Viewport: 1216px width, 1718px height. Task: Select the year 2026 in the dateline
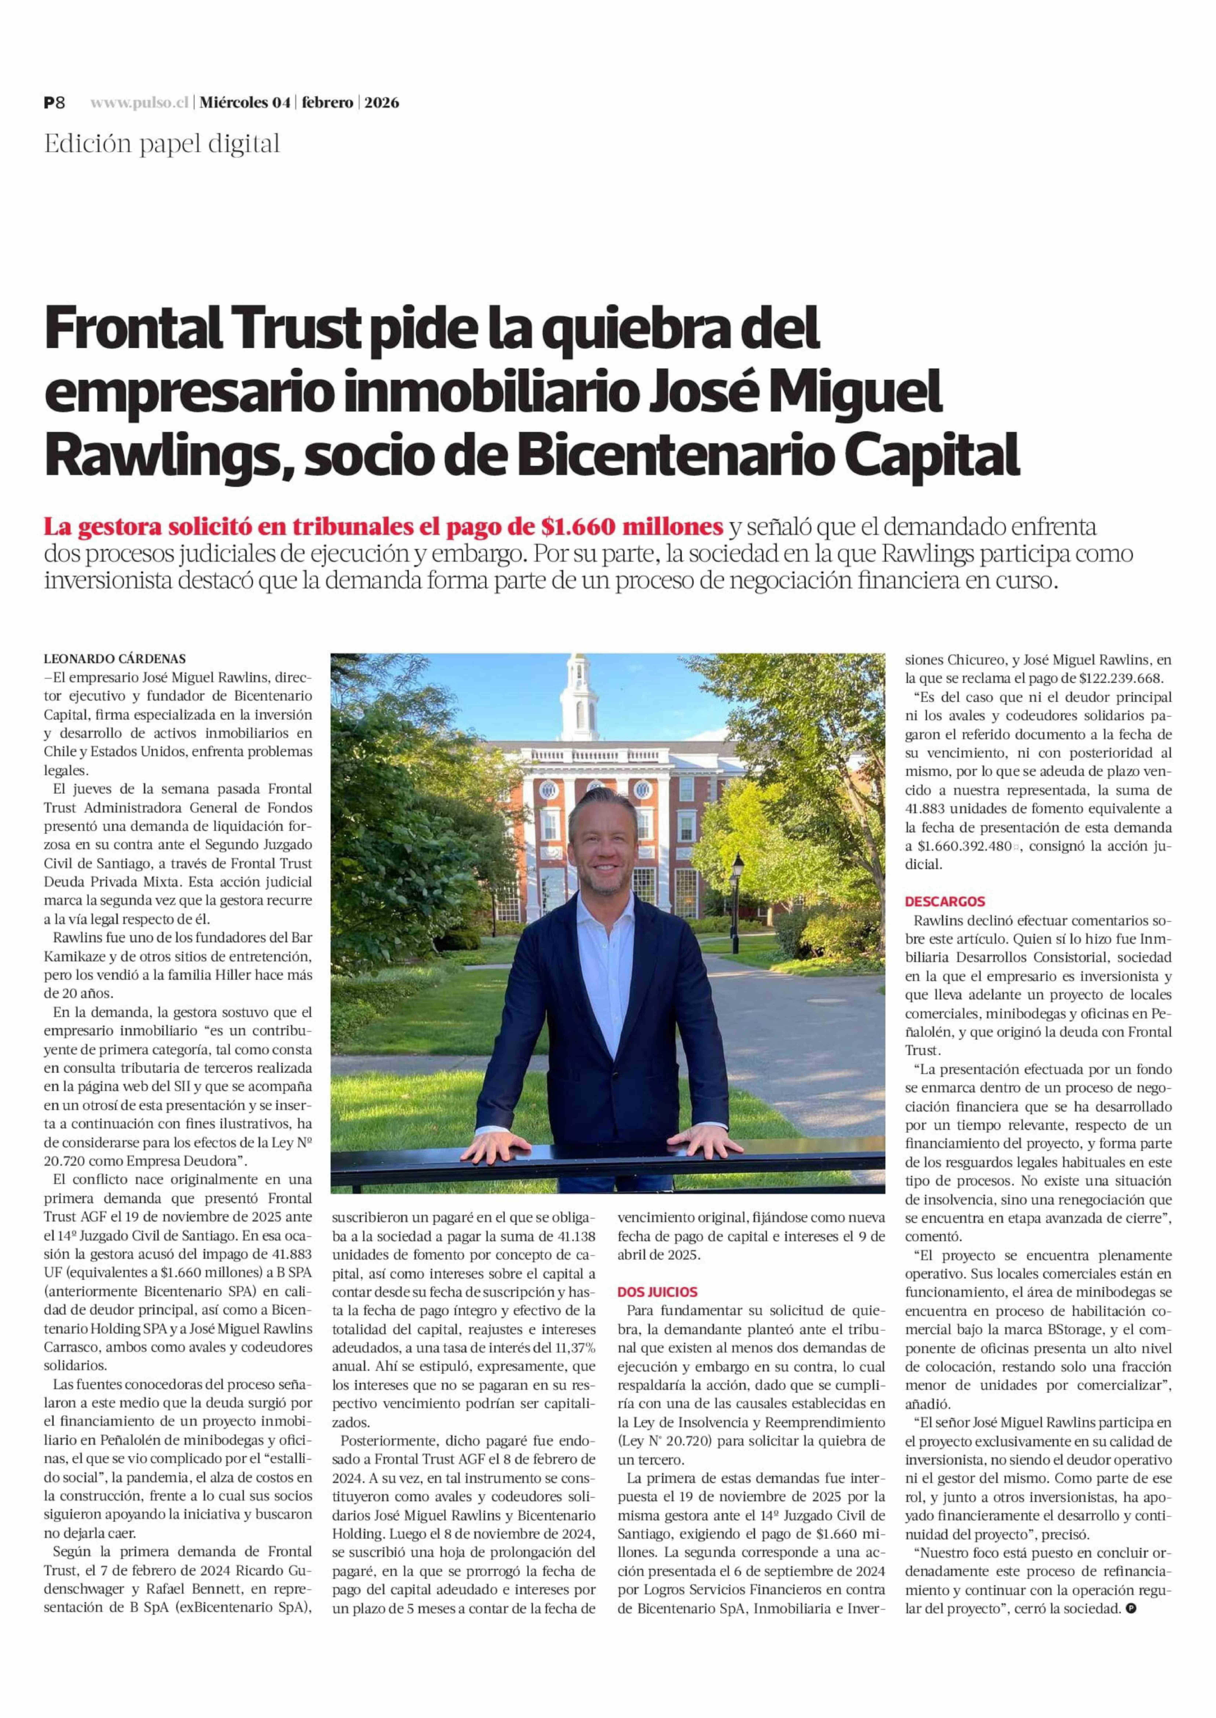(382, 102)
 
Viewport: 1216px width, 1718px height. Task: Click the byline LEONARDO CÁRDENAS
(115, 659)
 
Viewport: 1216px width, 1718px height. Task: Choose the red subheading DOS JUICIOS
(657, 1292)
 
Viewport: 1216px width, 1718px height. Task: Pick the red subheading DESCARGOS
(945, 902)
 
